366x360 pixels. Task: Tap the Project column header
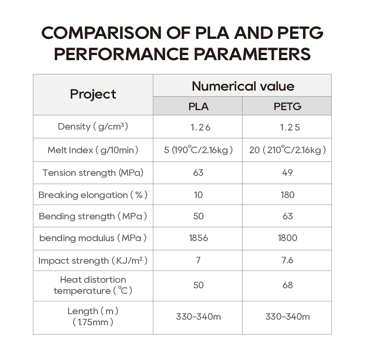[x=93, y=94]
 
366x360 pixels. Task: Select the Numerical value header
[x=243, y=86]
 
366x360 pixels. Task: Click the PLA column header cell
[x=198, y=106]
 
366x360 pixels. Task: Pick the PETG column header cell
[x=287, y=106]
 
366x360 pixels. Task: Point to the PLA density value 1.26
[x=198, y=127]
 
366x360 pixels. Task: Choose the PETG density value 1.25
[x=287, y=127]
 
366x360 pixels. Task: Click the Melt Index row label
[x=93, y=150]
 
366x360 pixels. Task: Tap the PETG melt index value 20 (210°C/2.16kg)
[x=287, y=150]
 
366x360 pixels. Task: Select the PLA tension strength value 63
[x=198, y=173]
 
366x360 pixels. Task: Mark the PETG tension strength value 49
[x=287, y=173]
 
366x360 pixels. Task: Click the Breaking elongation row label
[x=93, y=195]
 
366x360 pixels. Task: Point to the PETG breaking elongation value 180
[x=287, y=195]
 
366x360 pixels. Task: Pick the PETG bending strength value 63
[x=287, y=216]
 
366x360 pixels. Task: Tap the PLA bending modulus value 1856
[x=198, y=238]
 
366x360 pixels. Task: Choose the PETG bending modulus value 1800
[x=287, y=238]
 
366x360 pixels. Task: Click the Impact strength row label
[x=93, y=261]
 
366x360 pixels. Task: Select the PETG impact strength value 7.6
[x=287, y=261]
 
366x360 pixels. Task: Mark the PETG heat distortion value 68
[x=287, y=285]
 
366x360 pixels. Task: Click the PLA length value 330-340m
[x=198, y=317]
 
